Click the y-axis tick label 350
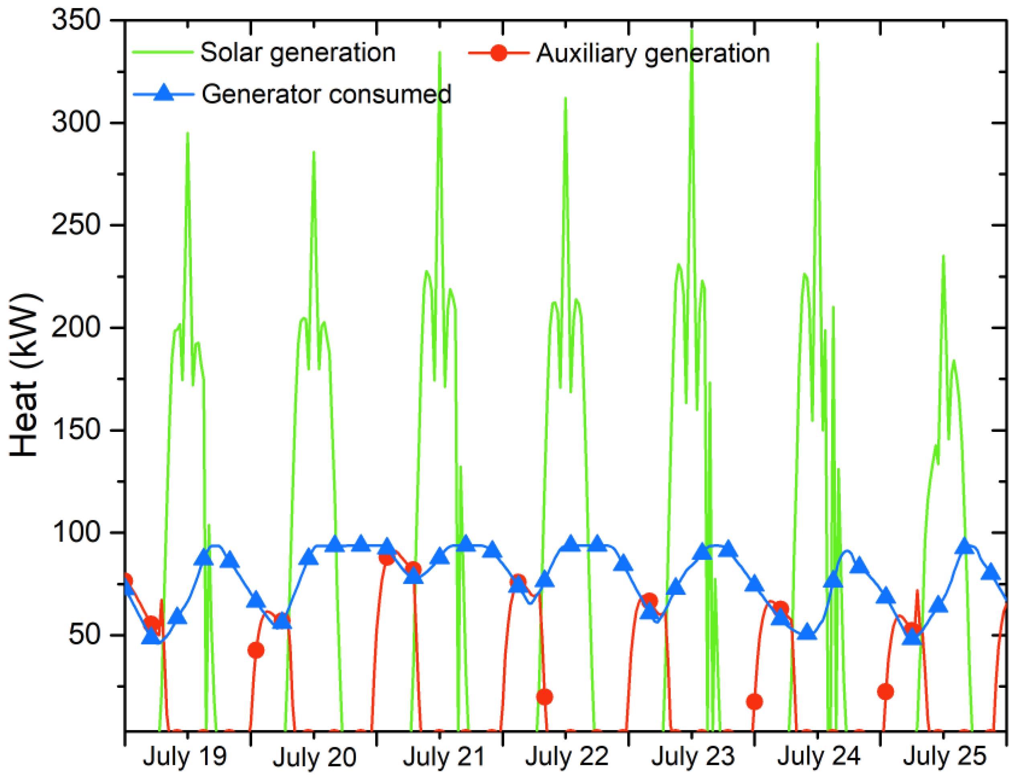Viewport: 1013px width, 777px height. tap(76, 21)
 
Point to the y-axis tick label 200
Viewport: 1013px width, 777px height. tap(76, 327)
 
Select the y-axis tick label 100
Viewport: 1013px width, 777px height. tap(76, 532)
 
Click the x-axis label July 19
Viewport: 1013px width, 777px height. tap(185, 757)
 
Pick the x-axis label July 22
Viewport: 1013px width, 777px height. tap(567, 757)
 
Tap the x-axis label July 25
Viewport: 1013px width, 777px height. tap(945, 757)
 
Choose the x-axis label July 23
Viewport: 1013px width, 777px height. tap(693, 757)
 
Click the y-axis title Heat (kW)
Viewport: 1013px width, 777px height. tap(24, 374)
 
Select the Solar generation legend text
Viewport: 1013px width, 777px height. tap(298, 52)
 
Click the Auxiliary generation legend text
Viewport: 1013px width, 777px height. tap(652, 53)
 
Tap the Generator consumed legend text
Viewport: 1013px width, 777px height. tap(326, 94)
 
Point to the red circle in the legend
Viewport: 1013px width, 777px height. tap(498, 53)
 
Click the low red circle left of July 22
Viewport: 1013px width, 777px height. tap(544, 697)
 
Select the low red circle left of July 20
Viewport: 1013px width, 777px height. tap(256, 650)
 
